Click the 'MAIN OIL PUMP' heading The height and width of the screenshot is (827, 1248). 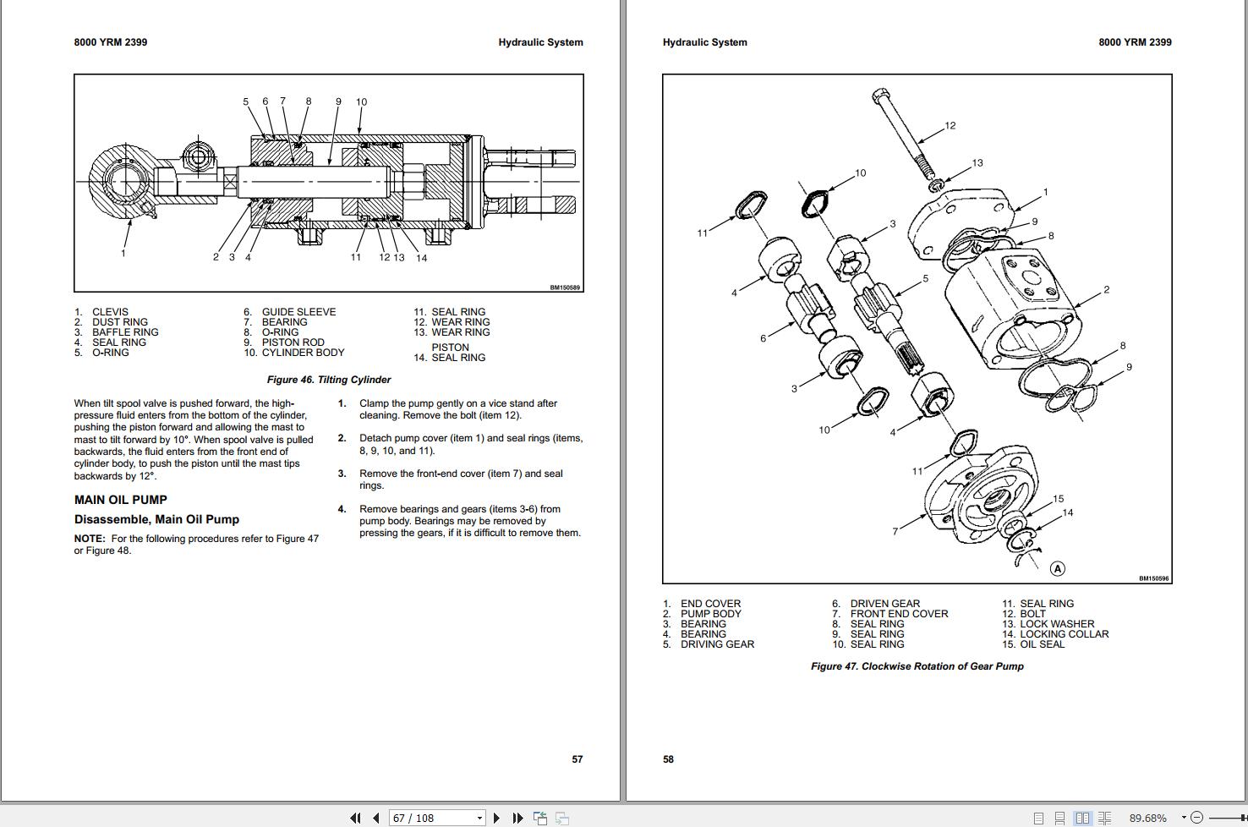point(120,500)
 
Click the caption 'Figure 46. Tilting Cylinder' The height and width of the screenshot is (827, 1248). point(329,380)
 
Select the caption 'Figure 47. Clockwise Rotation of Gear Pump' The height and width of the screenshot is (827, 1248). point(917,666)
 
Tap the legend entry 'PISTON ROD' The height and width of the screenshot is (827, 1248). point(293,342)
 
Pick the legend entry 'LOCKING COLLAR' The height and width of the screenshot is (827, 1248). point(1065,633)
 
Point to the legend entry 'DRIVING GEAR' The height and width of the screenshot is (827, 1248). point(717,644)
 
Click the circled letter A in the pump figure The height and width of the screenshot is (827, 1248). point(1057,568)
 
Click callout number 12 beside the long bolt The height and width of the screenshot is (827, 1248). point(950,125)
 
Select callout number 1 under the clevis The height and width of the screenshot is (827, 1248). point(123,253)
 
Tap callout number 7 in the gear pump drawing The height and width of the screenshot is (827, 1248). point(895,532)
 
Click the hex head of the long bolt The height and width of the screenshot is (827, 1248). point(879,96)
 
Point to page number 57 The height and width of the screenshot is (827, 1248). point(577,759)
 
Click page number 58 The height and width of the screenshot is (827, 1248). point(668,759)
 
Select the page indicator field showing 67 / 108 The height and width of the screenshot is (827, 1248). point(437,818)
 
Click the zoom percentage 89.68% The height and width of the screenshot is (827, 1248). point(1147,818)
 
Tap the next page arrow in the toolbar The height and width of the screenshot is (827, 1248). point(496,818)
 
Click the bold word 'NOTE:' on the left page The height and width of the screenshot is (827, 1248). point(90,539)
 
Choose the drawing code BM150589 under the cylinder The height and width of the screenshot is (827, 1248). point(564,288)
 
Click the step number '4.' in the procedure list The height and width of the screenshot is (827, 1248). point(342,509)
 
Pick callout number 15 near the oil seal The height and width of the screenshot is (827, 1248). point(1058,499)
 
